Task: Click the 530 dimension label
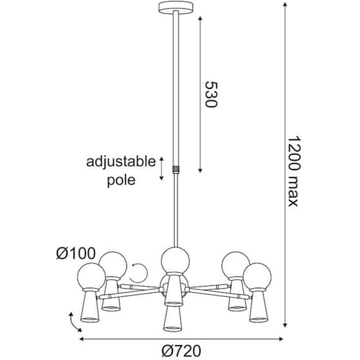pos(211,94)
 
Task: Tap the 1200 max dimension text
pos(294,172)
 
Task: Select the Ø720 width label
pos(181,351)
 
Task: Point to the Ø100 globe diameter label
pos(76,253)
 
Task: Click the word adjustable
pos(121,162)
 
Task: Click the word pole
pos(122,180)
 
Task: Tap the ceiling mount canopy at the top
pos(175,7)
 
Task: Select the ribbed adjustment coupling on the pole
pos(175,170)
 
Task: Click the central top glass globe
pos(175,261)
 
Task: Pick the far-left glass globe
pos(91,276)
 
